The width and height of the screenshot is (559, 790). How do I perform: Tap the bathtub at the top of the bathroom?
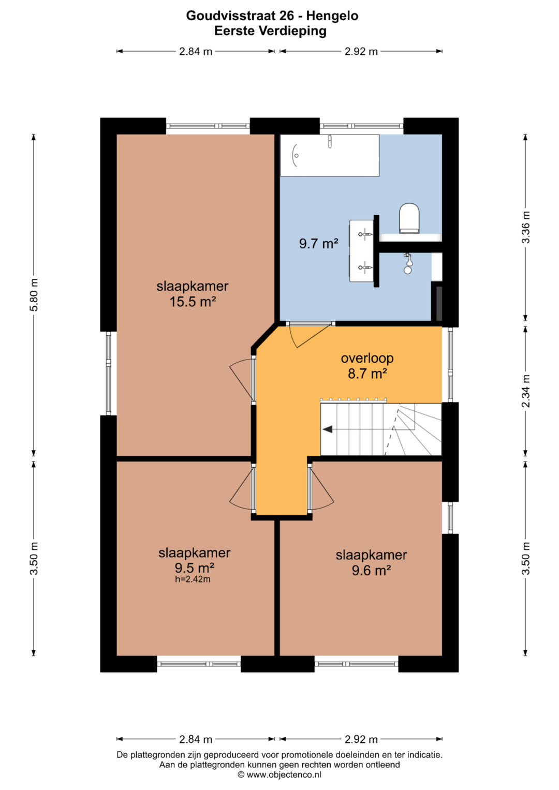point(330,155)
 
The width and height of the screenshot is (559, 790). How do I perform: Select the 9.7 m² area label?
point(319,243)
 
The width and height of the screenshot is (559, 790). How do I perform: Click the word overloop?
point(367,359)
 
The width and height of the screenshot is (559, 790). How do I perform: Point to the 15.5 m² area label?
point(193,302)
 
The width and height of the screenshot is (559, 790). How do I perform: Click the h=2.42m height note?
point(193,579)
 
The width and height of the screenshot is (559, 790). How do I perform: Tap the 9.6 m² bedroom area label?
point(371,570)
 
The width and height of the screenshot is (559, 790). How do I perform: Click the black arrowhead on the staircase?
point(328,429)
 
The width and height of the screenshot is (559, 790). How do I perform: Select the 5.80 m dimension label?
point(34,295)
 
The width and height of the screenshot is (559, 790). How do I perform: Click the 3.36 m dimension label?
point(526,227)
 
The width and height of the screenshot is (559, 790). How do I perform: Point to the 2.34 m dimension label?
point(526,391)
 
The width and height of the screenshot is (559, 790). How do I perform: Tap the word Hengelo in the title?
point(332,16)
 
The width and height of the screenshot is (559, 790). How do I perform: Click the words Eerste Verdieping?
point(270,31)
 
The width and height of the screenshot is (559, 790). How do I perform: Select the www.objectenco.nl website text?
point(284,775)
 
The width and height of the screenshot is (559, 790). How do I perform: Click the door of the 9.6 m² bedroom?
point(321,487)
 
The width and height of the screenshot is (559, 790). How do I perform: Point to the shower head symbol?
point(408,263)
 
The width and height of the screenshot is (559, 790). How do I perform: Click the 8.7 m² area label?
point(367,374)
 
